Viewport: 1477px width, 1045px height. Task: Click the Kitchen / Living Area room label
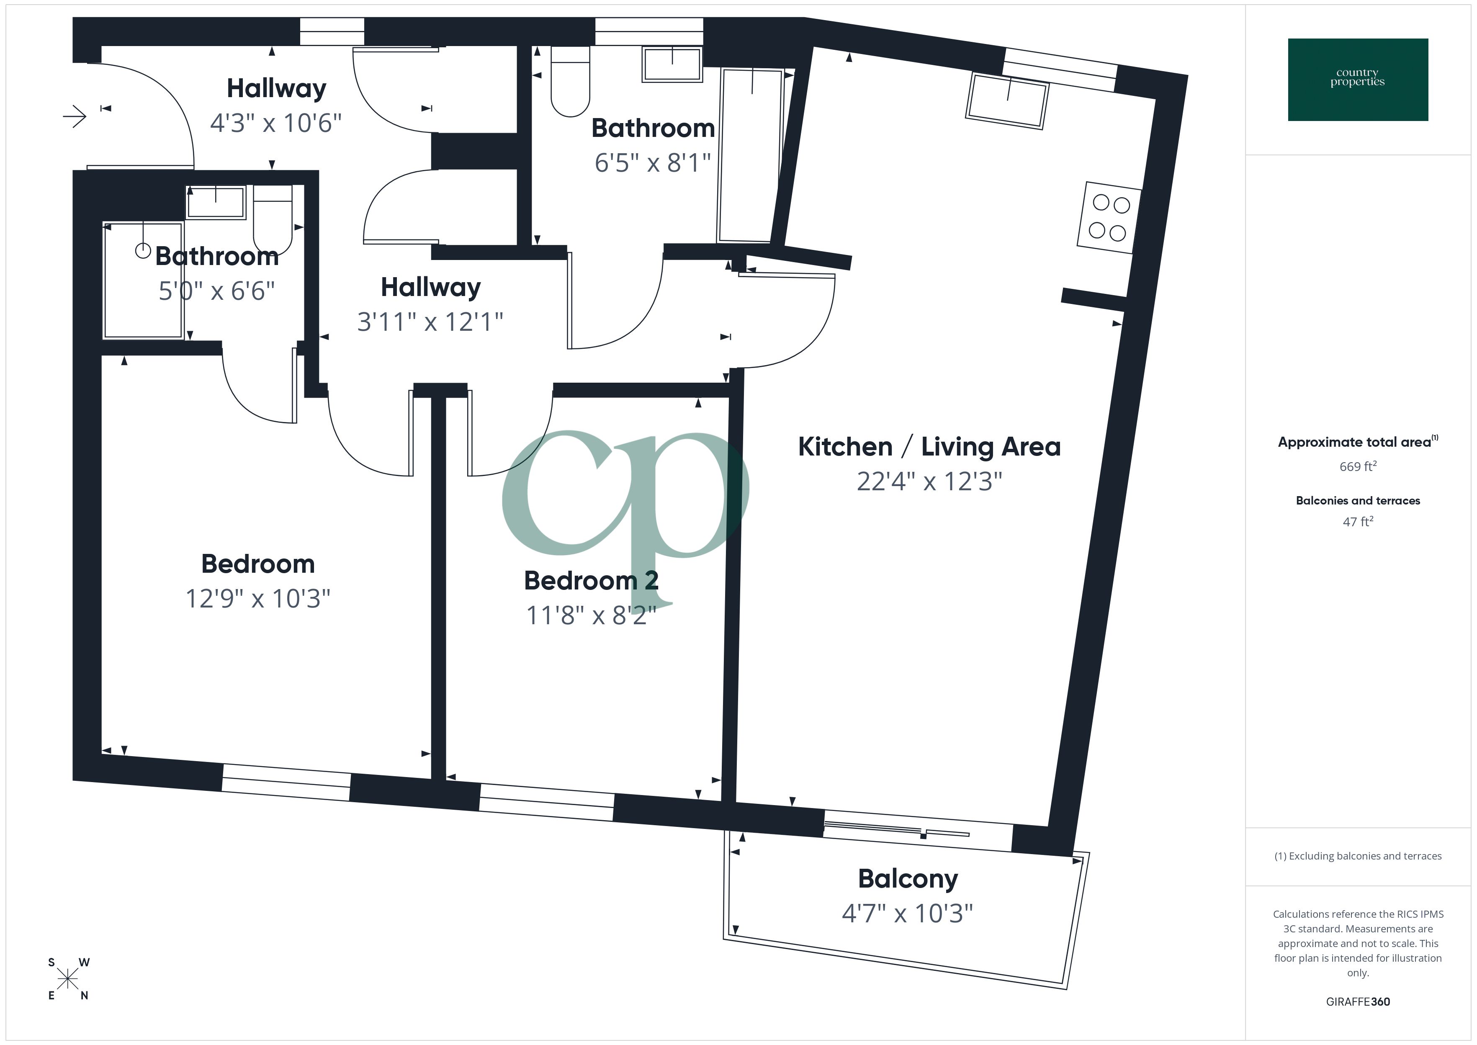929,447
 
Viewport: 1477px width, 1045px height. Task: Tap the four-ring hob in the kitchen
1109,217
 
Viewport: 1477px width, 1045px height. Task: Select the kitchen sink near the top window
1007,101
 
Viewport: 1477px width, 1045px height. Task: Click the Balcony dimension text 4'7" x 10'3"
907,913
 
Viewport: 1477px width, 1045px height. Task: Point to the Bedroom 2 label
591,580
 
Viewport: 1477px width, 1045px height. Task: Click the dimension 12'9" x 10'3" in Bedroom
257,598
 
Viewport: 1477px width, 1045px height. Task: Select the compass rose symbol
67,979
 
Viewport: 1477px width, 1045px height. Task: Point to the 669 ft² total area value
1357,466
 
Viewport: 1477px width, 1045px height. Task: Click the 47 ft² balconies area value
1357,522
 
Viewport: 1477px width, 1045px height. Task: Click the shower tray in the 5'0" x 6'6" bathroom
143,280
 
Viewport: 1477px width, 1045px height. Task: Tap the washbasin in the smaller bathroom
216,202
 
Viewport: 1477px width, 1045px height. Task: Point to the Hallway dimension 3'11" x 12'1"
430,321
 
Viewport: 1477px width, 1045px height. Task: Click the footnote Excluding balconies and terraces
1357,856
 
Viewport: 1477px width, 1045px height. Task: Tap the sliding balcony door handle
923,836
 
